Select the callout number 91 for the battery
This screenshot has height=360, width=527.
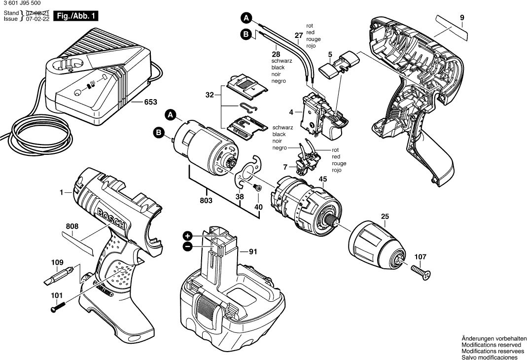[253, 252]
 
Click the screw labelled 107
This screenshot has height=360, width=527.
[420, 270]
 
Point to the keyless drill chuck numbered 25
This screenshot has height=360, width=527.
[377, 245]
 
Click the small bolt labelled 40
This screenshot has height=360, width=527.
[256, 187]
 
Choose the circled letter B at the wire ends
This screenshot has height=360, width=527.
[246, 34]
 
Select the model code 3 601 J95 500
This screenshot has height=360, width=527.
[22, 3]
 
